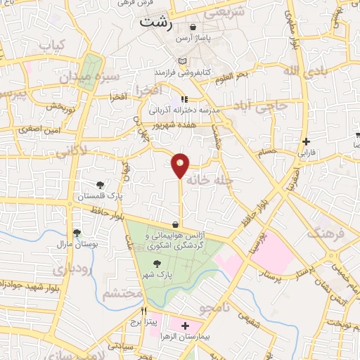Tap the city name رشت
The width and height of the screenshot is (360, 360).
(x=156, y=21)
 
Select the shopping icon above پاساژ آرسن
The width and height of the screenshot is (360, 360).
(x=193, y=27)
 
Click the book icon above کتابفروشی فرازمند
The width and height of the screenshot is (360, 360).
(x=184, y=62)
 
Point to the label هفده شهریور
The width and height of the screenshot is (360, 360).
(x=174, y=122)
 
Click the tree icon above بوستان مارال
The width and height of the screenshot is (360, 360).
(x=77, y=233)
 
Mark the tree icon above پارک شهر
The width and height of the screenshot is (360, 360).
(x=165, y=262)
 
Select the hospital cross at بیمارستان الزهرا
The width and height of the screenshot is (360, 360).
(x=186, y=326)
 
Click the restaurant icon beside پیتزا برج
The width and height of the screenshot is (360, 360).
(x=143, y=311)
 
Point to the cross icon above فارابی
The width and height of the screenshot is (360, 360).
(x=306, y=141)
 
